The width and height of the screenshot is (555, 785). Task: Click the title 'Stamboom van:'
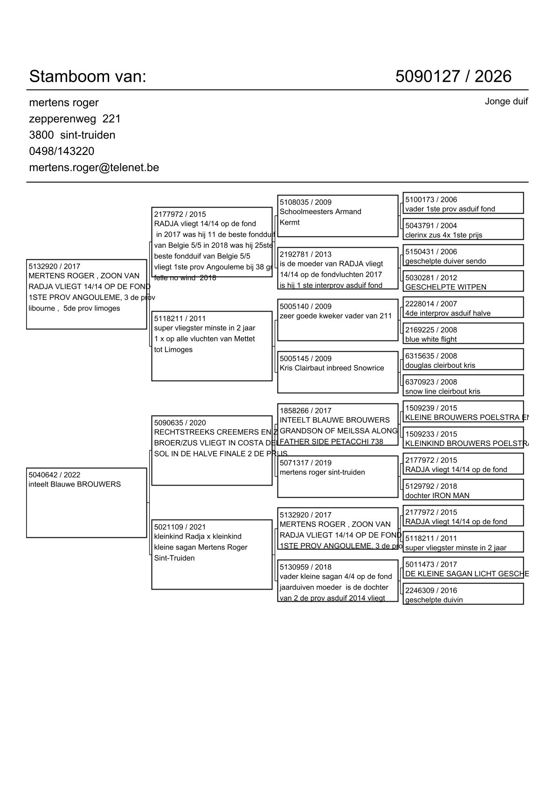(88, 76)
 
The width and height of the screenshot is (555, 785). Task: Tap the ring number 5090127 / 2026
(453, 76)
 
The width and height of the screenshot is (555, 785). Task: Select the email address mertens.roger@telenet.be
(94, 167)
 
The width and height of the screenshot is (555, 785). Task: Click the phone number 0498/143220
(62, 151)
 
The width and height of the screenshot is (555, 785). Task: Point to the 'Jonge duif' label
(506, 101)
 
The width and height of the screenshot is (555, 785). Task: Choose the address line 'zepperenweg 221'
(75, 118)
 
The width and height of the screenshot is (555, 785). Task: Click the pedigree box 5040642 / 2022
(86, 502)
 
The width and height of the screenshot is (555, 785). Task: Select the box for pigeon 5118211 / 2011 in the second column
(212, 346)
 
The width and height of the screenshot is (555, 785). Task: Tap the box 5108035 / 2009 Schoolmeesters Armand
(337, 215)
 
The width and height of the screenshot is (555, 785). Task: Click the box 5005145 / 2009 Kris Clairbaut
(337, 372)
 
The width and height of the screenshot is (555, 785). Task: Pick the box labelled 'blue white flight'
(463, 333)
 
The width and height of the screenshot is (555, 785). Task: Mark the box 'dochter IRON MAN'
(463, 490)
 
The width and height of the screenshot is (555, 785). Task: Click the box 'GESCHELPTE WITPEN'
(463, 281)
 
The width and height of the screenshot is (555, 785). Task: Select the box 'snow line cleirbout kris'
(463, 386)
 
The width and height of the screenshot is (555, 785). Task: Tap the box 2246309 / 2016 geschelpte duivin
(463, 594)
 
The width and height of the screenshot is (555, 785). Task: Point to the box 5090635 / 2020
(212, 450)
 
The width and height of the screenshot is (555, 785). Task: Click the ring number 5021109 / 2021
(180, 527)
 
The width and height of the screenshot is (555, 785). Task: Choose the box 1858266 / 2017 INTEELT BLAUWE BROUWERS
(337, 424)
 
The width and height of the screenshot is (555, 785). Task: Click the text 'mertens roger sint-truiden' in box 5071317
(322, 472)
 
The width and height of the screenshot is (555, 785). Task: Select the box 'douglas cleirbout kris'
(463, 360)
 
